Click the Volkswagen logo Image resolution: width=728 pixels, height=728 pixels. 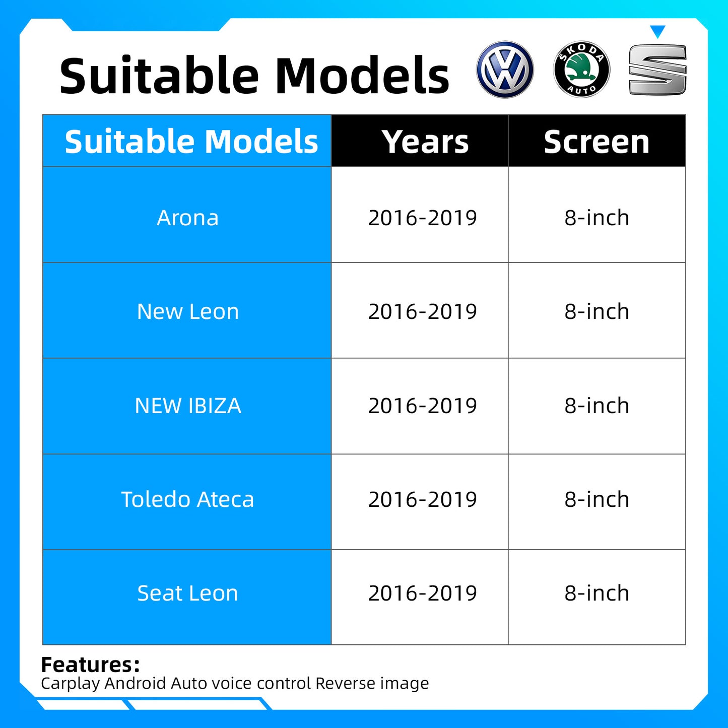505,70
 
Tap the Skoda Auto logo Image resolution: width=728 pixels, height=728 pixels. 581,70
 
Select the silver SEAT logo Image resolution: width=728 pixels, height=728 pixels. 657,70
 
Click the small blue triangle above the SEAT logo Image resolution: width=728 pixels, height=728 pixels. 657,32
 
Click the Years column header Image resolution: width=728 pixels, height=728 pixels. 425,142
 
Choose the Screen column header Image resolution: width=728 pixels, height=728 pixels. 597,142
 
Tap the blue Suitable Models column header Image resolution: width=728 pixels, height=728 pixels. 191,142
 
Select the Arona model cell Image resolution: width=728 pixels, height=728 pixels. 187,218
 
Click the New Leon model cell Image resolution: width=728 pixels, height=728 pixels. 187,311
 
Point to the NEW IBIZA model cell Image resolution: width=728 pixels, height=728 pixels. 187,406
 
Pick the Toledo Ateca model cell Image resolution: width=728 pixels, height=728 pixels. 187,499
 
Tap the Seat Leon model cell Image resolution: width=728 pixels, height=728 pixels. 187,593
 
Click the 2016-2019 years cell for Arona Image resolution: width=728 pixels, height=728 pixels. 422,218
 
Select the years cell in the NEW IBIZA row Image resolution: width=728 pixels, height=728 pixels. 422,406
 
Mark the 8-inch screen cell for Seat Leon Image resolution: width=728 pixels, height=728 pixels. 597,593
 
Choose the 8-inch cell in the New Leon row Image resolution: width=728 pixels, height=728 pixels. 597,311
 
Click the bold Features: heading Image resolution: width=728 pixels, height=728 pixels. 90,665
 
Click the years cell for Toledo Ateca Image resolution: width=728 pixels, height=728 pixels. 422,499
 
